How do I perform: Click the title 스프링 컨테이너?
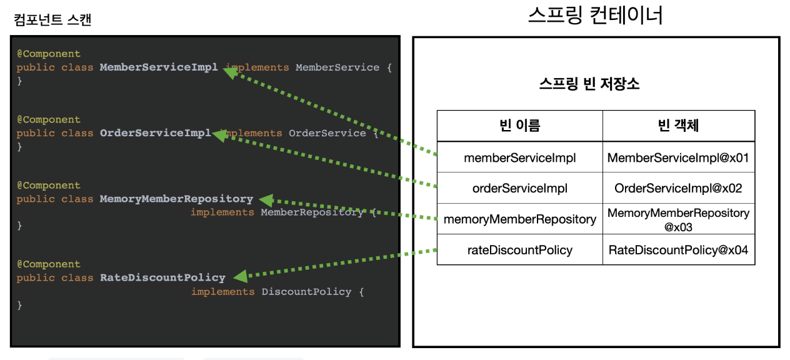pyautogui.click(x=595, y=15)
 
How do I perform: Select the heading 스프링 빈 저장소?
pyautogui.click(x=589, y=84)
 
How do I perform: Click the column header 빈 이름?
pyautogui.click(x=519, y=126)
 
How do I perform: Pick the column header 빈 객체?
pyautogui.click(x=678, y=126)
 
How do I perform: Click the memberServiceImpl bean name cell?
pyautogui.click(x=519, y=158)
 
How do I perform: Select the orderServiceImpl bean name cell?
pyautogui.click(x=519, y=188)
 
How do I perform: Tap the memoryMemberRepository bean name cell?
pyautogui.click(x=519, y=219)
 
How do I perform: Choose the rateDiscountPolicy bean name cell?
pyautogui.click(x=519, y=250)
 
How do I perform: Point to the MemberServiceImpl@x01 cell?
pyautogui.click(x=678, y=158)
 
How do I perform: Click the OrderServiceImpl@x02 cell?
pyautogui.click(x=678, y=188)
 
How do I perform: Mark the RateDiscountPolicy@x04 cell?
pyautogui.click(x=678, y=250)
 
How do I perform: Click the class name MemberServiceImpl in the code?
pyautogui.click(x=159, y=67)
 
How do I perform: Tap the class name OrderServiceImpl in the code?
pyautogui.click(x=156, y=133)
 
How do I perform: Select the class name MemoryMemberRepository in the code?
pyautogui.click(x=176, y=199)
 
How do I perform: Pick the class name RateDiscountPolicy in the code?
pyautogui.click(x=162, y=277)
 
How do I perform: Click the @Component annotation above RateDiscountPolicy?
pyautogui.click(x=49, y=264)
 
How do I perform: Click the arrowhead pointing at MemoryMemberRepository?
pyautogui.click(x=266, y=200)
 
